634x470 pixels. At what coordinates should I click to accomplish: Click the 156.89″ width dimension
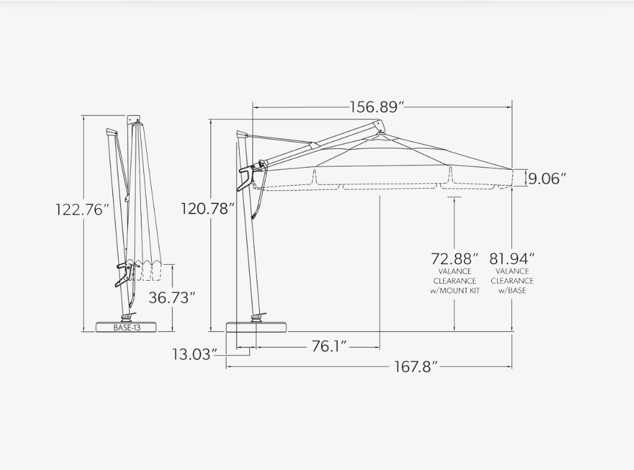point(377,107)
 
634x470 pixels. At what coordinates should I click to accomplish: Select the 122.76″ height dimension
point(83,210)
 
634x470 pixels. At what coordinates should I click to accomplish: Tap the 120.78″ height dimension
point(208,209)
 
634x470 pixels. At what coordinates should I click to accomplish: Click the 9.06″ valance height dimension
point(547,178)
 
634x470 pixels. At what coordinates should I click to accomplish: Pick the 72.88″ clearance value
point(454,258)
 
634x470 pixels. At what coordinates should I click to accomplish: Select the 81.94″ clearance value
point(512,258)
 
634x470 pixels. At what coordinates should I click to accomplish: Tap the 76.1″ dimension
point(329,346)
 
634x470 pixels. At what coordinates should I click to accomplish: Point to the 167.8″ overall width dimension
point(416,367)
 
